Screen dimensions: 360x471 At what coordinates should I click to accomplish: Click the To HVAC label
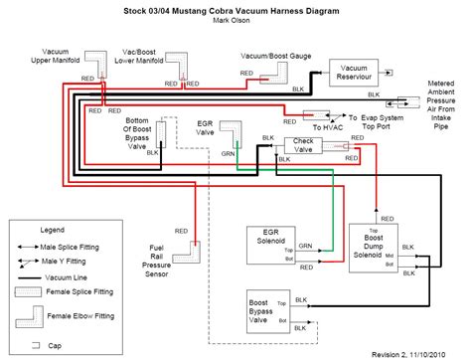click(327, 128)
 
